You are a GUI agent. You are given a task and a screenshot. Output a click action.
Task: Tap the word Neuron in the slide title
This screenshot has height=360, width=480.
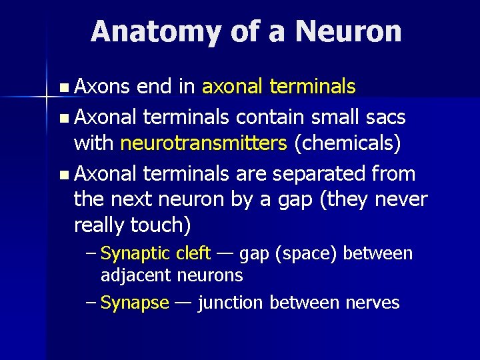tap(349, 32)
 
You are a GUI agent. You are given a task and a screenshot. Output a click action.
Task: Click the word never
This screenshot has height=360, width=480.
tap(398, 199)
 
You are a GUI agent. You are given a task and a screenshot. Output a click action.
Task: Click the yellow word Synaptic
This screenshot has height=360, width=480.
tap(137, 254)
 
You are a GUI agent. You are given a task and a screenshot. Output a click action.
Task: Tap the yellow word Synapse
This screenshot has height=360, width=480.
tap(135, 303)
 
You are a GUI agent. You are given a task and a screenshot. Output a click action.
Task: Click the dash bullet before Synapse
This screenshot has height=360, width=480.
tap(92, 303)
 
